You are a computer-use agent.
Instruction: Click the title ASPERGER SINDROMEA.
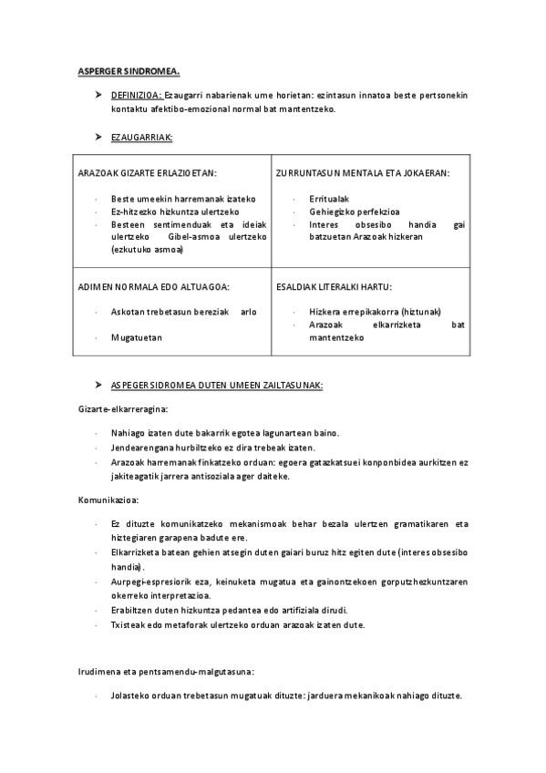[x=127, y=69]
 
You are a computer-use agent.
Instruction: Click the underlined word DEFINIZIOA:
[x=136, y=95]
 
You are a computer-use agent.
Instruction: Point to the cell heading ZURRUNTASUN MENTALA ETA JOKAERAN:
[x=362, y=172]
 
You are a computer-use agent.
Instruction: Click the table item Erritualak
[x=329, y=198]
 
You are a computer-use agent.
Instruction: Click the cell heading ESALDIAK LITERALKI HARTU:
[x=334, y=286]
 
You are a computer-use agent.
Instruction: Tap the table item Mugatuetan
[x=136, y=336]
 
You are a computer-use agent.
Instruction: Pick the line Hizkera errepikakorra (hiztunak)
[x=370, y=311]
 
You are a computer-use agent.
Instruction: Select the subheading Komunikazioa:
[x=108, y=500]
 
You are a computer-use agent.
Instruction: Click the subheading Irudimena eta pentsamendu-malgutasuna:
[x=165, y=673]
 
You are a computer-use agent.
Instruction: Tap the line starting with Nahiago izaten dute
[x=231, y=434]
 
